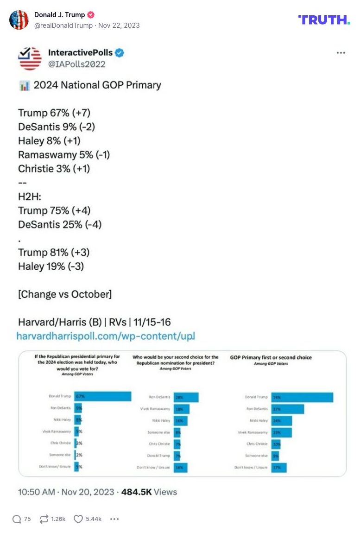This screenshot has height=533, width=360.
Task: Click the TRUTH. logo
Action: click(324, 19)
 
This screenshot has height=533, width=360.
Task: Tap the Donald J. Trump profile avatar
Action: click(19, 20)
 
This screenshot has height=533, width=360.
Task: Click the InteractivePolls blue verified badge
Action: click(120, 53)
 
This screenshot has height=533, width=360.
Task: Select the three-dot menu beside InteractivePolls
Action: click(341, 53)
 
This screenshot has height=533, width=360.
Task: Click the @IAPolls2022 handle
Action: click(76, 64)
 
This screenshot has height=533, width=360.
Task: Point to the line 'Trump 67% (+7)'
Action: click(54, 113)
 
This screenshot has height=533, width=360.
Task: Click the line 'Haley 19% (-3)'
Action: click(51, 266)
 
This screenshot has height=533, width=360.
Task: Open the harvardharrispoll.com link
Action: click(106, 336)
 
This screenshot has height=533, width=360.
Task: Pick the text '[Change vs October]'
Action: click(65, 294)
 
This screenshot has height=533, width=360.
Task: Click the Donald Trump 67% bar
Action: click(102, 396)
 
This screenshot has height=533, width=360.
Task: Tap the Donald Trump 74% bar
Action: click(302, 397)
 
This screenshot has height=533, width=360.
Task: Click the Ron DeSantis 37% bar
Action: click(287, 409)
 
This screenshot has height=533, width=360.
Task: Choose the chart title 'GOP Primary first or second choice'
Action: click(271, 357)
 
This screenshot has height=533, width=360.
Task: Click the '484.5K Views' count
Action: click(149, 492)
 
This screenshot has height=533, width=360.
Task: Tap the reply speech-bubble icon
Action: click(17, 519)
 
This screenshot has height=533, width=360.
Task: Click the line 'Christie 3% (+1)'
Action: click(54, 169)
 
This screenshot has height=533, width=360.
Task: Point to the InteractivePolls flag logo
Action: click(30, 58)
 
